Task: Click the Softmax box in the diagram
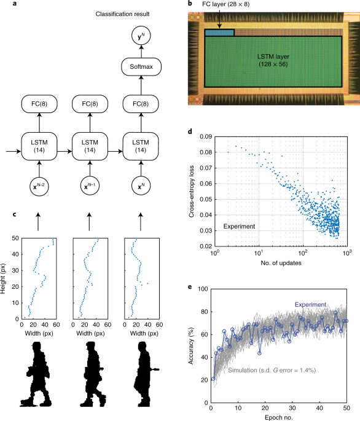(141, 65)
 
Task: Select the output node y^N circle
(141, 36)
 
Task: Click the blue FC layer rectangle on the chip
(219, 33)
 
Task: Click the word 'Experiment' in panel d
(239, 226)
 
